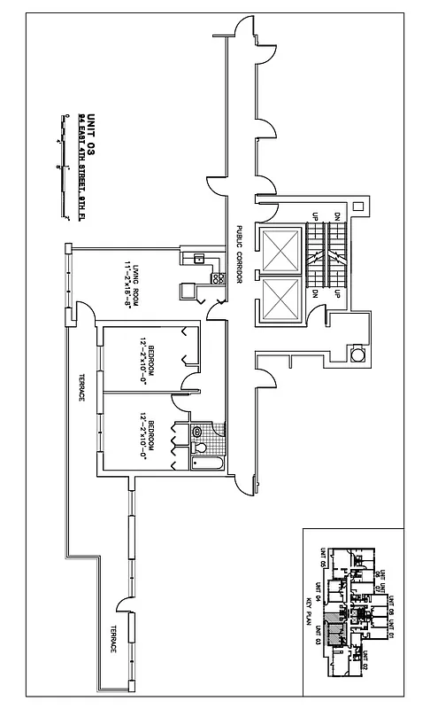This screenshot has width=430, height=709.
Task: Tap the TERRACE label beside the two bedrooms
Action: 80,386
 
